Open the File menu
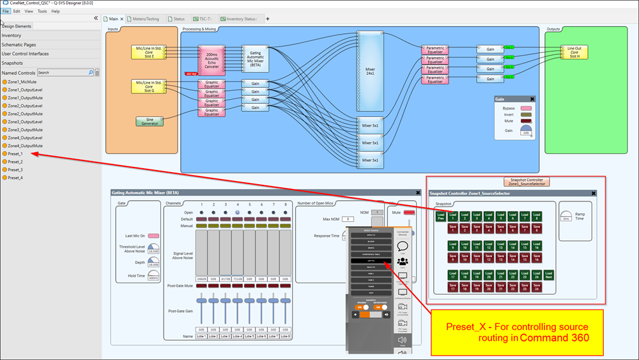coord(6,11)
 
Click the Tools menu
coord(42,11)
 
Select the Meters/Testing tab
coord(146,19)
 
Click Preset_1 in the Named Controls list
coord(15,153)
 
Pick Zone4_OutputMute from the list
coord(27,145)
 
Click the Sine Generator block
coord(150,121)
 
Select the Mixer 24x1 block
coord(370,71)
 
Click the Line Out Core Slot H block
coord(574,52)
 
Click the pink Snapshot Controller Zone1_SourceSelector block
coord(527,182)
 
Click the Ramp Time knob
coord(567,216)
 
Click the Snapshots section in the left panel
coord(13,63)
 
